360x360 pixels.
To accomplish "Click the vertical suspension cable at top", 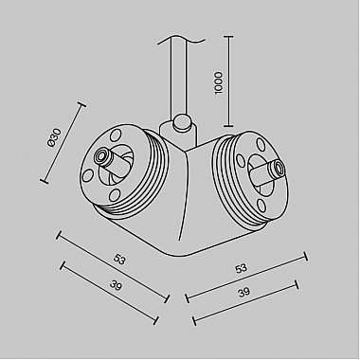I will click(180, 76).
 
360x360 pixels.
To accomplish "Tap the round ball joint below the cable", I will click(181, 123).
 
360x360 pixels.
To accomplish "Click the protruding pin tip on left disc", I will click(101, 154).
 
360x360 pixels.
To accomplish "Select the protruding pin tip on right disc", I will click(274, 169).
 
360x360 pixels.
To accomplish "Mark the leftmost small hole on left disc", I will click(91, 174).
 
